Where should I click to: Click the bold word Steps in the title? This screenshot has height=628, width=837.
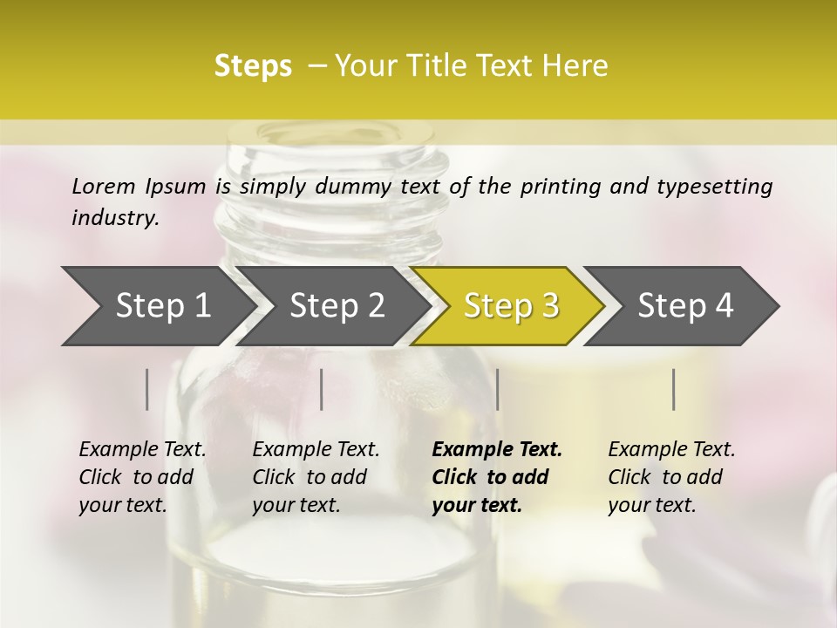253,66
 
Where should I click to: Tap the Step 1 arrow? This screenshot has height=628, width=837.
162,306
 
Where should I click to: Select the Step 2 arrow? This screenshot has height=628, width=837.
337,306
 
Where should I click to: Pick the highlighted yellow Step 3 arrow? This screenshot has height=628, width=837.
511,306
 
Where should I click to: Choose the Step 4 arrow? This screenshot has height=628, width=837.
685,306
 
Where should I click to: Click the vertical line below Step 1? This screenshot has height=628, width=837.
147,389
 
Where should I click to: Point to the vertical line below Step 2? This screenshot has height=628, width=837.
322,389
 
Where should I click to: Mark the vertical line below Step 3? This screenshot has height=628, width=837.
497,389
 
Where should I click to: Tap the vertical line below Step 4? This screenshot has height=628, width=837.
674,389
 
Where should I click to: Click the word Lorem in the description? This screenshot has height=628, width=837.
104,186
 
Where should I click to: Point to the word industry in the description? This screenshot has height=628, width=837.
115,217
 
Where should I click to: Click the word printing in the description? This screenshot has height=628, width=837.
558,187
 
